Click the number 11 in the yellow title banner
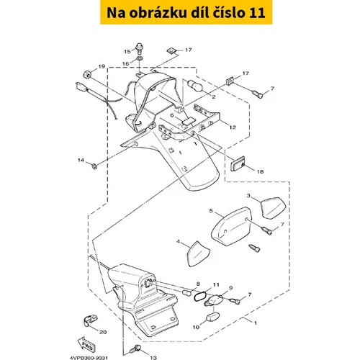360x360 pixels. click(257, 13)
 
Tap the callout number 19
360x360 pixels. click(102, 66)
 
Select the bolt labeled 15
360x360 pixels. click(140, 48)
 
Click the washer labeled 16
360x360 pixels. click(140, 58)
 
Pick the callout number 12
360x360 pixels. click(233, 127)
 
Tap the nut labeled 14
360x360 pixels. click(94, 166)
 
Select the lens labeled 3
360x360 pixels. click(273, 207)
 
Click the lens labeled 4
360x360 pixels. click(198, 254)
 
